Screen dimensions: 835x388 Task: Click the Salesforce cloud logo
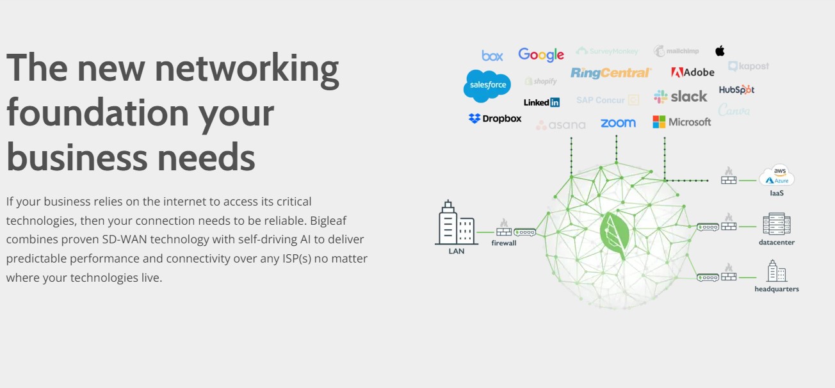pyautogui.click(x=487, y=86)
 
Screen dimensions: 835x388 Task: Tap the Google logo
pyautogui.click(x=541, y=54)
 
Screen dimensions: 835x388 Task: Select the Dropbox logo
pyautogui.click(x=495, y=118)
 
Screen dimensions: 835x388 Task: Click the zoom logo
pyautogui.click(x=618, y=122)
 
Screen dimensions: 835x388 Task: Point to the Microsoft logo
pyautogui.click(x=681, y=122)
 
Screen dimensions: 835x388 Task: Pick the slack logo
pyautogui.click(x=680, y=97)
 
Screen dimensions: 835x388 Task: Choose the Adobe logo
pyautogui.click(x=692, y=72)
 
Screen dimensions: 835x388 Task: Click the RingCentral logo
pyautogui.click(x=610, y=73)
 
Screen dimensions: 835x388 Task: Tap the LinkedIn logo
pyautogui.click(x=541, y=102)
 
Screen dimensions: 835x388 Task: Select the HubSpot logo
pyautogui.click(x=736, y=90)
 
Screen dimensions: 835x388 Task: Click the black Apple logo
pyautogui.click(x=720, y=51)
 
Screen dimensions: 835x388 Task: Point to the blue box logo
pyautogui.click(x=492, y=56)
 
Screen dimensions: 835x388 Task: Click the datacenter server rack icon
pyautogui.click(x=776, y=224)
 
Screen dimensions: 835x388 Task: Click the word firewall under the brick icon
pyautogui.click(x=504, y=243)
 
